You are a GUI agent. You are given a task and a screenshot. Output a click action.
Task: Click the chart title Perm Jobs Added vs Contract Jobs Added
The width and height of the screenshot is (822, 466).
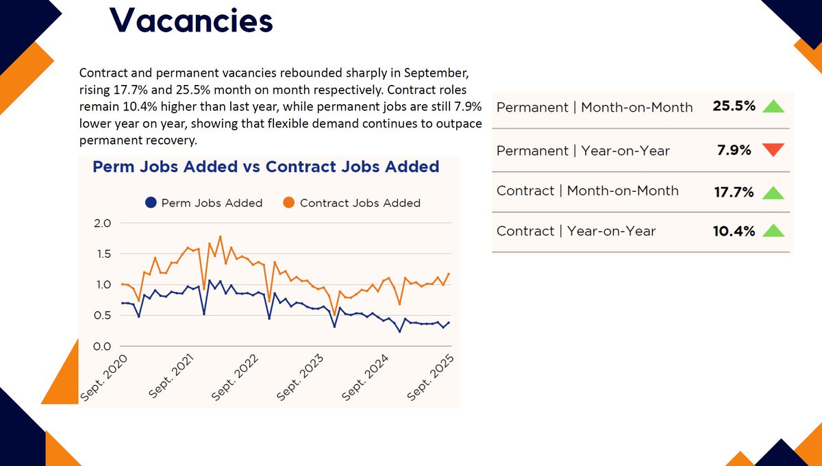[266, 167]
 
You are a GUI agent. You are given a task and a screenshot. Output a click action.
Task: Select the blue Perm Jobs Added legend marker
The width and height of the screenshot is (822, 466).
[150, 203]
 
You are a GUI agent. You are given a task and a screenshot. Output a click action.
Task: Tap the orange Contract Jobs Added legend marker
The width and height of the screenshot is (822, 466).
[289, 203]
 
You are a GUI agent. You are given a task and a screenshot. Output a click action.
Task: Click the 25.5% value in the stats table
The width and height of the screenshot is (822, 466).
[734, 107]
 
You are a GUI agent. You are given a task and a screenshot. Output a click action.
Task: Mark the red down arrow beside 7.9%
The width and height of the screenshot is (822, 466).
[773, 150]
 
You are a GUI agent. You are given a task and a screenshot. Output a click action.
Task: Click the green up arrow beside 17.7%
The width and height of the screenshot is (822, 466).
[773, 192]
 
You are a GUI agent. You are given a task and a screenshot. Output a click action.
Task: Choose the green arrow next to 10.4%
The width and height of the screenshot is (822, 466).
[773, 231]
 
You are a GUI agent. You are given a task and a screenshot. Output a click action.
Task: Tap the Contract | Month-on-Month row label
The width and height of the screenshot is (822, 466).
[587, 191]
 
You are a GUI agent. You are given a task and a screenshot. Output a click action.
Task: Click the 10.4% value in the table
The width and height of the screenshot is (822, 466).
[734, 231]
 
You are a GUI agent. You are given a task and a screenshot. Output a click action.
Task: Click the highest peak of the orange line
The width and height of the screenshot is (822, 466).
[220, 237]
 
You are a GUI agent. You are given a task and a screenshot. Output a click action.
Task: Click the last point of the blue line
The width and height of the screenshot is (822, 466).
[449, 322]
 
